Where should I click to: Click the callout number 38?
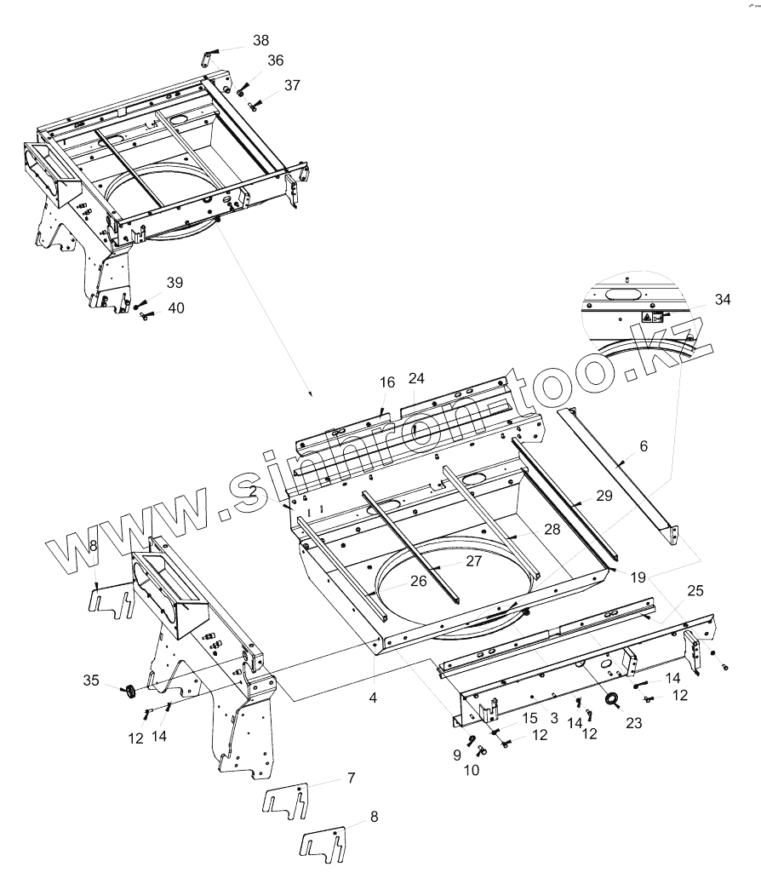(x=260, y=40)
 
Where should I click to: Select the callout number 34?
(x=723, y=299)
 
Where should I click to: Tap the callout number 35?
(x=91, y=680)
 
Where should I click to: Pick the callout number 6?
(x=644, y=445)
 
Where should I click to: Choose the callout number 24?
(x=415, y=377)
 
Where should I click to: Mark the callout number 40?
(x=175, y=308)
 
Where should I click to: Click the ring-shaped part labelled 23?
(x=612, y=701)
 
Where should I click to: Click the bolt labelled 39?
(x=139, y=302)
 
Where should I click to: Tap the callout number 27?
(x=473, y=561)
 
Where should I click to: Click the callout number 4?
(x=373, y=698)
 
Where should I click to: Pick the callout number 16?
(x=387, y=383)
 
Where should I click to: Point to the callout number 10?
(x=471, y=770)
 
